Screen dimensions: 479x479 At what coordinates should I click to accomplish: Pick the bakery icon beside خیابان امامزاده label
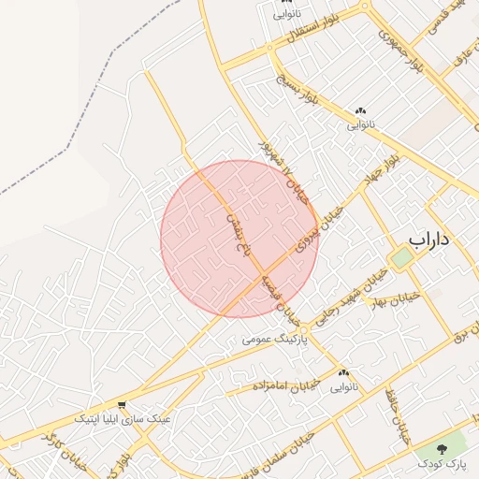click(343, 372)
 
